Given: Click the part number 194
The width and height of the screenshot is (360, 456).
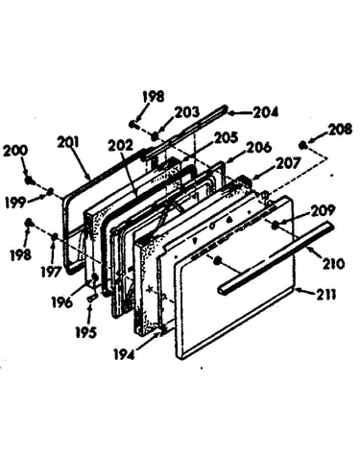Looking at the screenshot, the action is coord(125,353).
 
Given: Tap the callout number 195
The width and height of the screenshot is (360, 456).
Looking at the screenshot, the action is coord(85,333).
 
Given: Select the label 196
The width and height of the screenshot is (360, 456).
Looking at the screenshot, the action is coord(62,302).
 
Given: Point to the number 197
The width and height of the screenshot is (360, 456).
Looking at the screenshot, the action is coord(51,272).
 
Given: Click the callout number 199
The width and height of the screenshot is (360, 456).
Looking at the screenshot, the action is coord(15,203).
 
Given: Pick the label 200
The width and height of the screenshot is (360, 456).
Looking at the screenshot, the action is coord(15,152).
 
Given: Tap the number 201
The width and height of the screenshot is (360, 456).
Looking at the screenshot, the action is coord(68,142).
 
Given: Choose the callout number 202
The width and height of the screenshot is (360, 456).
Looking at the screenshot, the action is coord(120,146).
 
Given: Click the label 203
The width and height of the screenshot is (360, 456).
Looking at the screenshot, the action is coord(187,112).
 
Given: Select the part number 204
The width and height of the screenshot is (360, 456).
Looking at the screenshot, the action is coord(266,112).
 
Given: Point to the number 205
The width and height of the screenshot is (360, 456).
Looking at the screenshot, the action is coord(226,138).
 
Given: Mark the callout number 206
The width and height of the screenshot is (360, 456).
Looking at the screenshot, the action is coord(260,148).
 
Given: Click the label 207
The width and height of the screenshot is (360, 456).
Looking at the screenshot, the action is coord(289,163).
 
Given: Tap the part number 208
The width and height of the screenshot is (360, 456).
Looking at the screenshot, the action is coord(340,129).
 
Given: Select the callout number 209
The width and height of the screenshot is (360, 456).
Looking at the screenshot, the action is coord(323,210).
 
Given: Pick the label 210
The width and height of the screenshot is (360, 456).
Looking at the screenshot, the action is coord(334,264).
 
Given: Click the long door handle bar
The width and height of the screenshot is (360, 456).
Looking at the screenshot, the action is coord(276,256).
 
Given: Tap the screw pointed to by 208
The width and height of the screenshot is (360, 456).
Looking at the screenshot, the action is coord(302,145).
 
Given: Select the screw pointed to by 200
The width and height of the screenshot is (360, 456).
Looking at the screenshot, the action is coord(30,180).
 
